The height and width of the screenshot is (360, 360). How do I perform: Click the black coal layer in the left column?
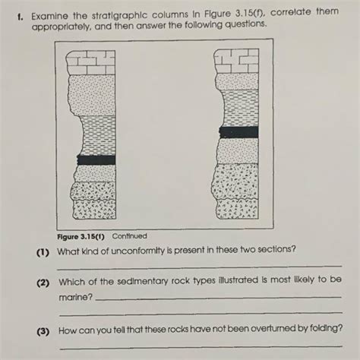(96, 160)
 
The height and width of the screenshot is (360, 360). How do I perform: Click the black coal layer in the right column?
(238, 132)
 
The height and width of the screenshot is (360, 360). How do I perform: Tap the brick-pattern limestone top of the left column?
(90, 62)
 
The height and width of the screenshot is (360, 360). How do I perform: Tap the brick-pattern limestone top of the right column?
(236, 61)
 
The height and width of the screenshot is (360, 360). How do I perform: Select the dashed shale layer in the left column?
(98, 135)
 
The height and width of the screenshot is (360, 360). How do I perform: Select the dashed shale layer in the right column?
(240, 109)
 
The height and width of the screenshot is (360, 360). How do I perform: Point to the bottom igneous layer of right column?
(238, 209)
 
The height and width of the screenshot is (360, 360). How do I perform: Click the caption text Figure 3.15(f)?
(81, 237)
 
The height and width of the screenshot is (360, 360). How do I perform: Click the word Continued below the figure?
(129, 236)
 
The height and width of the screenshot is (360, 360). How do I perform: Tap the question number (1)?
(43, 252)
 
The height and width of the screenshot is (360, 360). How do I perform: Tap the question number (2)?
(43, 283)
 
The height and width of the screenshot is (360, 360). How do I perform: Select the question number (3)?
(43, 331)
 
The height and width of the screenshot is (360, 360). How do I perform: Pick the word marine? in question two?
(76, 297)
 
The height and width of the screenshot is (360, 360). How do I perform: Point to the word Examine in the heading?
(49, 17)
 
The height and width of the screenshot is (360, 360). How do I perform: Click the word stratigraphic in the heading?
(119, 15)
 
